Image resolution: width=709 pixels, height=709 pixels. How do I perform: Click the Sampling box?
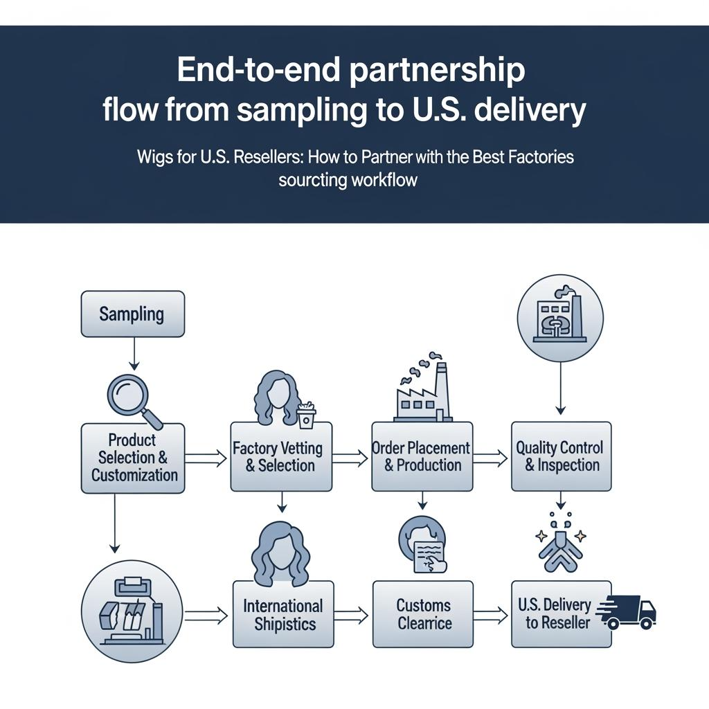pyautogui.click(x=132, y=314)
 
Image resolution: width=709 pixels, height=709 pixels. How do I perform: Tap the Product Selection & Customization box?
pyautogui.click(x=133, y=458)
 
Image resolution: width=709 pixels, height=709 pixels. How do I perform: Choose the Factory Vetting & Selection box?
pyautogui.click(x=280, y=456)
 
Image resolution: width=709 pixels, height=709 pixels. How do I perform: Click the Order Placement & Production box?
pyautogui.click(x=422, y=456)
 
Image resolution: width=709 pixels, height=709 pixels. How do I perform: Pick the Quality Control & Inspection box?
pyautogui.click(x=561, y=456)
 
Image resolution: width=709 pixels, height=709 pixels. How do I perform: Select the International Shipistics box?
pyautogui.click(x=283, y=614)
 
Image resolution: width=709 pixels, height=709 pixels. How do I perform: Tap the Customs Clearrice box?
pyautogui.click(x=423, y=614)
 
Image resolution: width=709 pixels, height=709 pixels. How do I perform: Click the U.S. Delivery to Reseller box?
pyautogui.click(x=561, y=614)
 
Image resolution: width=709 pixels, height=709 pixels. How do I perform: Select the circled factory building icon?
pyautogui.click(x=559, y=319)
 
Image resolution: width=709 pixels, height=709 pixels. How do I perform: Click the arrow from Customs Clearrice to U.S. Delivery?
pyautogui.click(x=491, y=613)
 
